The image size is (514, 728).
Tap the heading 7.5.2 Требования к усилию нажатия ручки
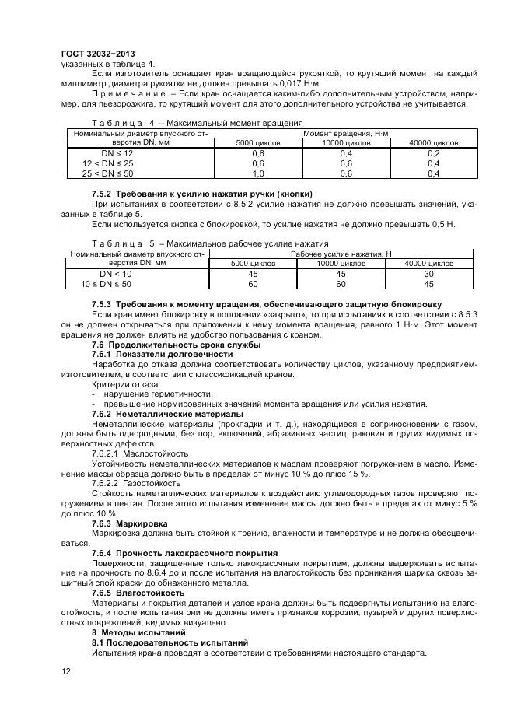coord(202,193)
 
